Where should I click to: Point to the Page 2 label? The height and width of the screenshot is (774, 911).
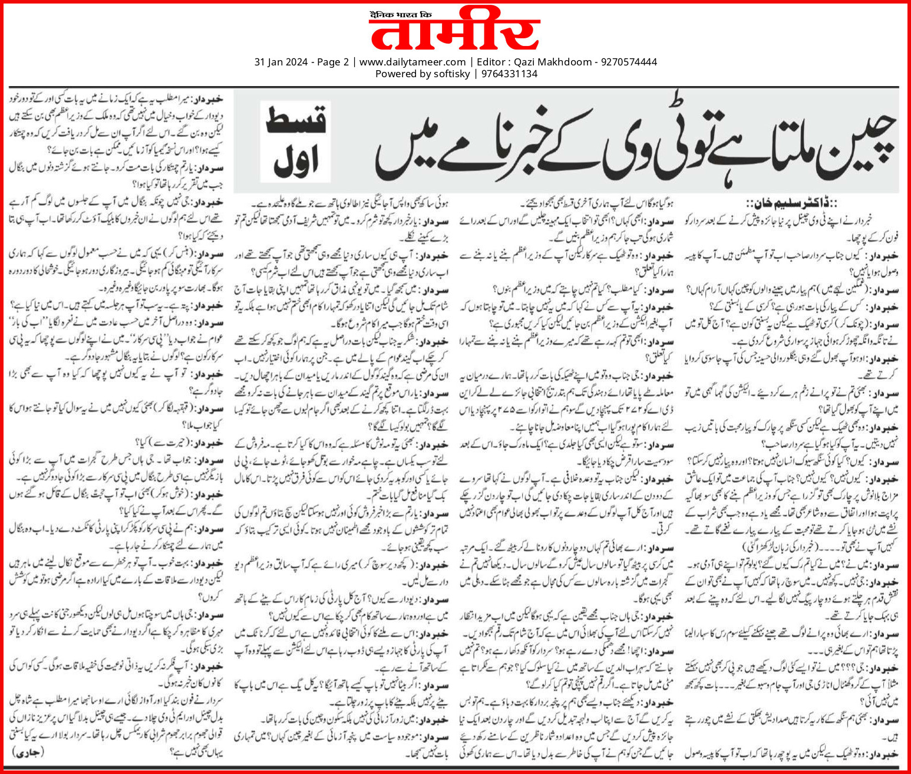pyautogui.click(x=333, y=62)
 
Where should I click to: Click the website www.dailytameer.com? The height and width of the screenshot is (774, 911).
pyautogui.click(x=412, y=62)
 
